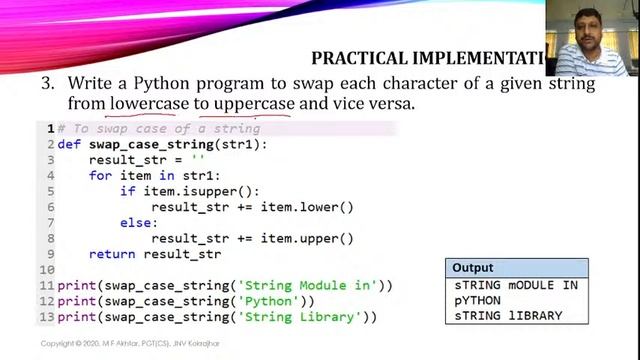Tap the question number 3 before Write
46,83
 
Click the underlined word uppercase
254,104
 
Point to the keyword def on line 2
69,144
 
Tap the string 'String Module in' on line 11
310,286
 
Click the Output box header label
473,268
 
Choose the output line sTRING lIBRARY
508,315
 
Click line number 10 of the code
46,270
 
